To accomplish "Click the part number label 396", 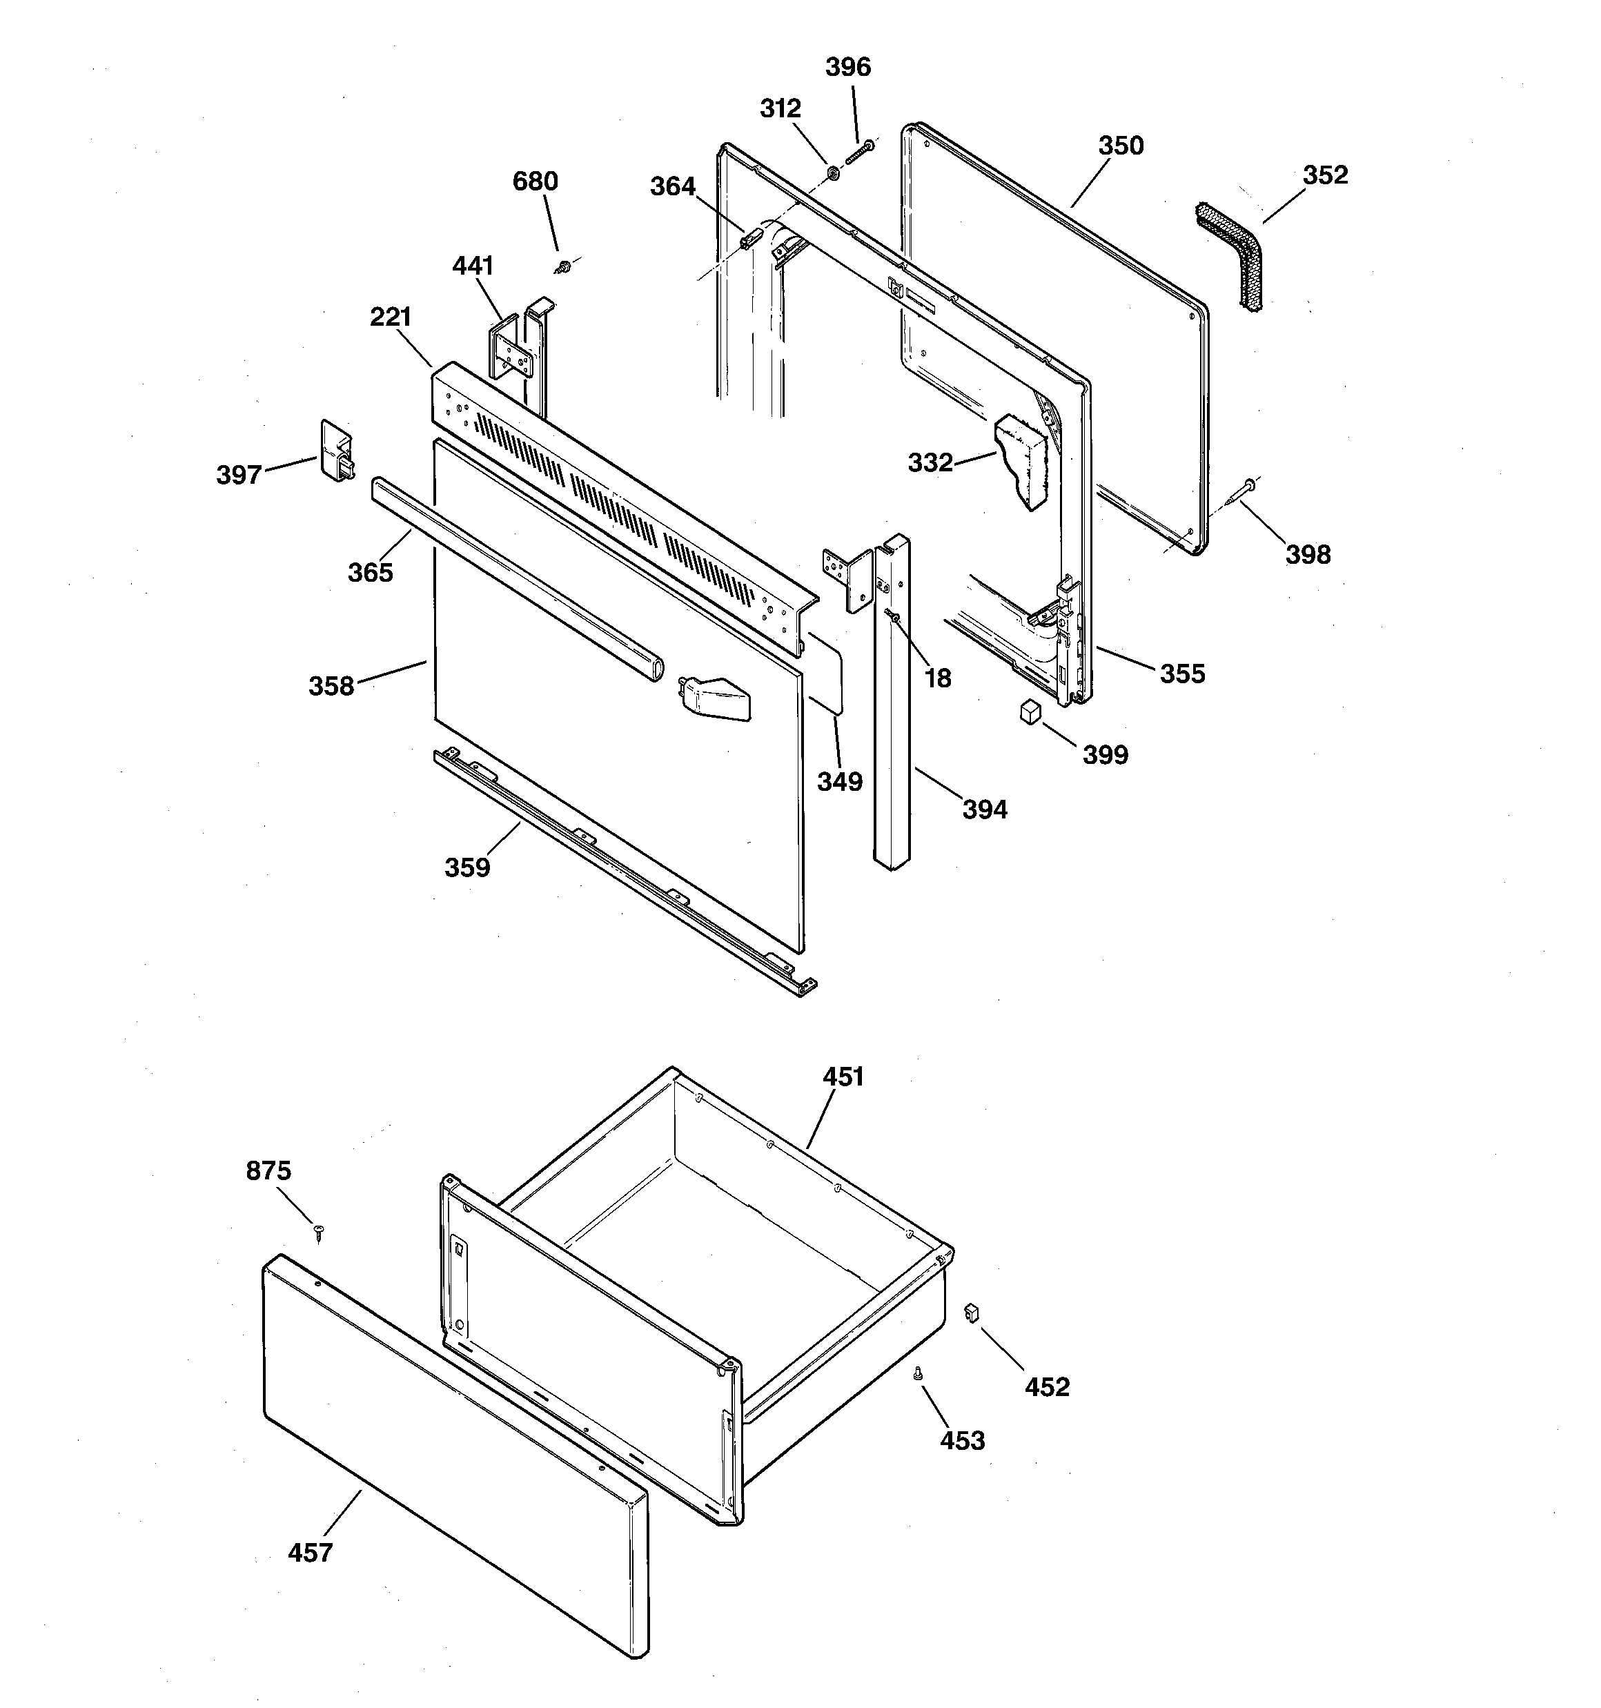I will click(x=847, y=67).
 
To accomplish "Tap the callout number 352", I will click(x=1324, y=175).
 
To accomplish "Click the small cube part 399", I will click(x=1030, y=711).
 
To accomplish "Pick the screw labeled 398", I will click(x=1243, y=493).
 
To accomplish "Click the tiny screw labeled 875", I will click(x=320, y=1232).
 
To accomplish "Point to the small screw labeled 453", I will click(x=918, y=1375).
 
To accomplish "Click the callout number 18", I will click(x=938, y=679).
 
